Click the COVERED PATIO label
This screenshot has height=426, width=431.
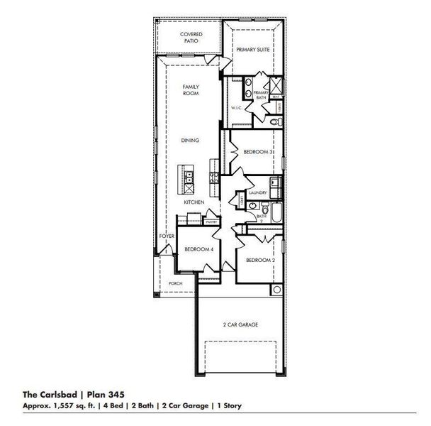190,38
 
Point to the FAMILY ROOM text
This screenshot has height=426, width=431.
190,90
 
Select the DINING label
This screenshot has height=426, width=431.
190,141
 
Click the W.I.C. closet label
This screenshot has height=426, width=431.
237,108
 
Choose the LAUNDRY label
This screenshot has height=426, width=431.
257,192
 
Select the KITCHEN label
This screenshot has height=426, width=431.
194,202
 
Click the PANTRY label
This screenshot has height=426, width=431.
211,222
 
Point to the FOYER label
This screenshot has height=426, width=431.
167,235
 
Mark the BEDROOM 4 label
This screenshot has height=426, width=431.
198,249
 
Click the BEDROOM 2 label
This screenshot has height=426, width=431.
259,261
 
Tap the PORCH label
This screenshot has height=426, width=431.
175,283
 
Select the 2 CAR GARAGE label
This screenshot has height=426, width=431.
240,324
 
